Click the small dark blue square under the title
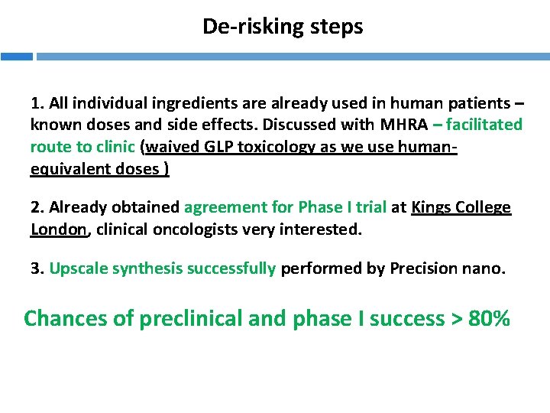pos(16,57)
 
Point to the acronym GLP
pos(225,147)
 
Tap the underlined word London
pos(57,229)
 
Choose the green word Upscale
pos(78,268)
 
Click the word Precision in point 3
pos(425,268)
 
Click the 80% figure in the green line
pos(490,318)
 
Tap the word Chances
pos(66,318)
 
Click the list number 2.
pos(35,207)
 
